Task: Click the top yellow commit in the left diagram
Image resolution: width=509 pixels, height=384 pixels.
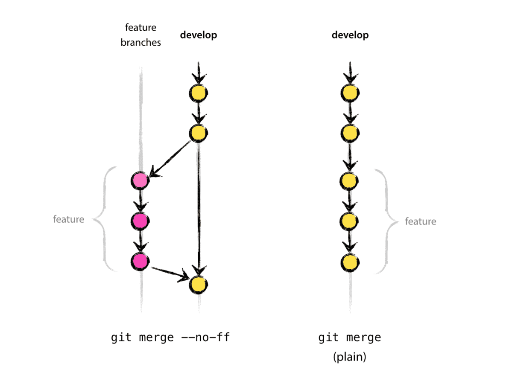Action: pyautogui.click(x=199, y=92)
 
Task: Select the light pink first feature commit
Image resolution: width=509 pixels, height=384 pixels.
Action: pyautogui.click(x=140, y=180)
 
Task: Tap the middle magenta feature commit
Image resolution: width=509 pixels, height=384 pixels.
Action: pyautogui.click(x=140, y=221)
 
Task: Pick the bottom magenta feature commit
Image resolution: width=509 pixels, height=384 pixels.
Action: pyautogui.click(x=140, y=261)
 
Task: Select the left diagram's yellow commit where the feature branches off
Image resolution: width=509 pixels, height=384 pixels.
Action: pyautogui.click(x=199, y=133)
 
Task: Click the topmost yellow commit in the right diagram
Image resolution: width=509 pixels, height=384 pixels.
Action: pyautogui.click(x=350, y=93)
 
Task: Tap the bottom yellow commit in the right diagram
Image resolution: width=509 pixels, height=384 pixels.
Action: pyautogui.click(x=350, y=261)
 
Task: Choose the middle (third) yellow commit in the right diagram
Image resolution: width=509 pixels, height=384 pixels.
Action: pyautogui.click(x=350, y=181)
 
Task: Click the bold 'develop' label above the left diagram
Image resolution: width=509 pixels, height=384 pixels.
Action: pyautogui.click(x=199, y=35)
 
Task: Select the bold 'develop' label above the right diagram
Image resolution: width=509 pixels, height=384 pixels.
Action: pyautogui.click(x=350, y=35)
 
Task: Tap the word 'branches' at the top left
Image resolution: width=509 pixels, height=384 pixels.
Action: pyautogui.click(x=140, y=43)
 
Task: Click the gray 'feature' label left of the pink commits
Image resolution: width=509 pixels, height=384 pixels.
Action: pyautogui.click(x=68, y=219)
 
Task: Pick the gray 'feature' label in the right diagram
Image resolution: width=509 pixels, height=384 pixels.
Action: pyautogui.click(x=421, y=221)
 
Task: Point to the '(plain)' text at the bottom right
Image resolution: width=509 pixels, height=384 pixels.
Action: pyautogui.click(x=350, y=357)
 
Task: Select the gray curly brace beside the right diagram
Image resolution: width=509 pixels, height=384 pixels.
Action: pyautogui.click(x=384, y=221)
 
